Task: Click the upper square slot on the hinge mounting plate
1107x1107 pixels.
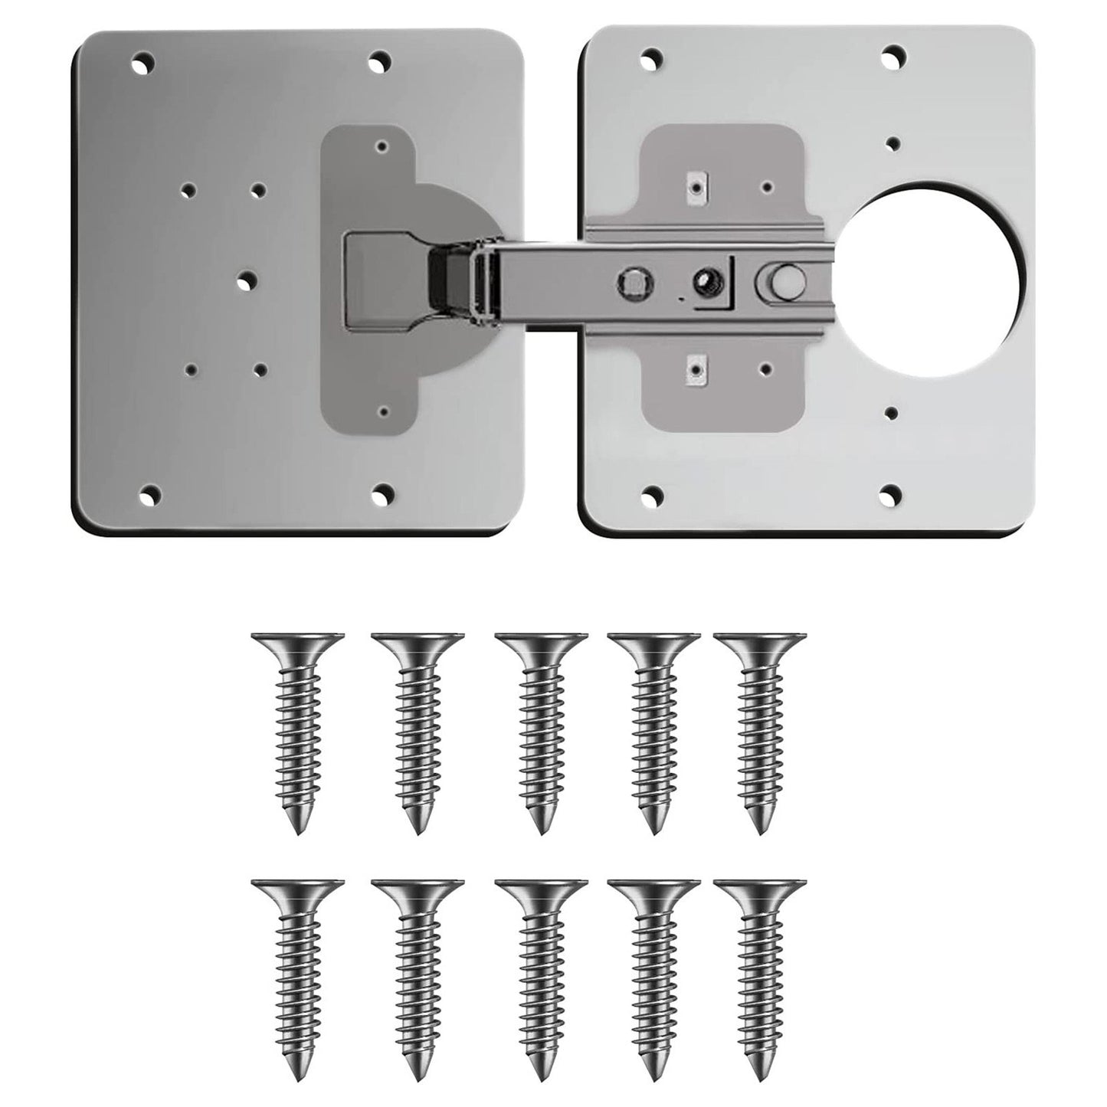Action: [696, 185]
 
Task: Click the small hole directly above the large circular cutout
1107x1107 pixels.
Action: [892, 142]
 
